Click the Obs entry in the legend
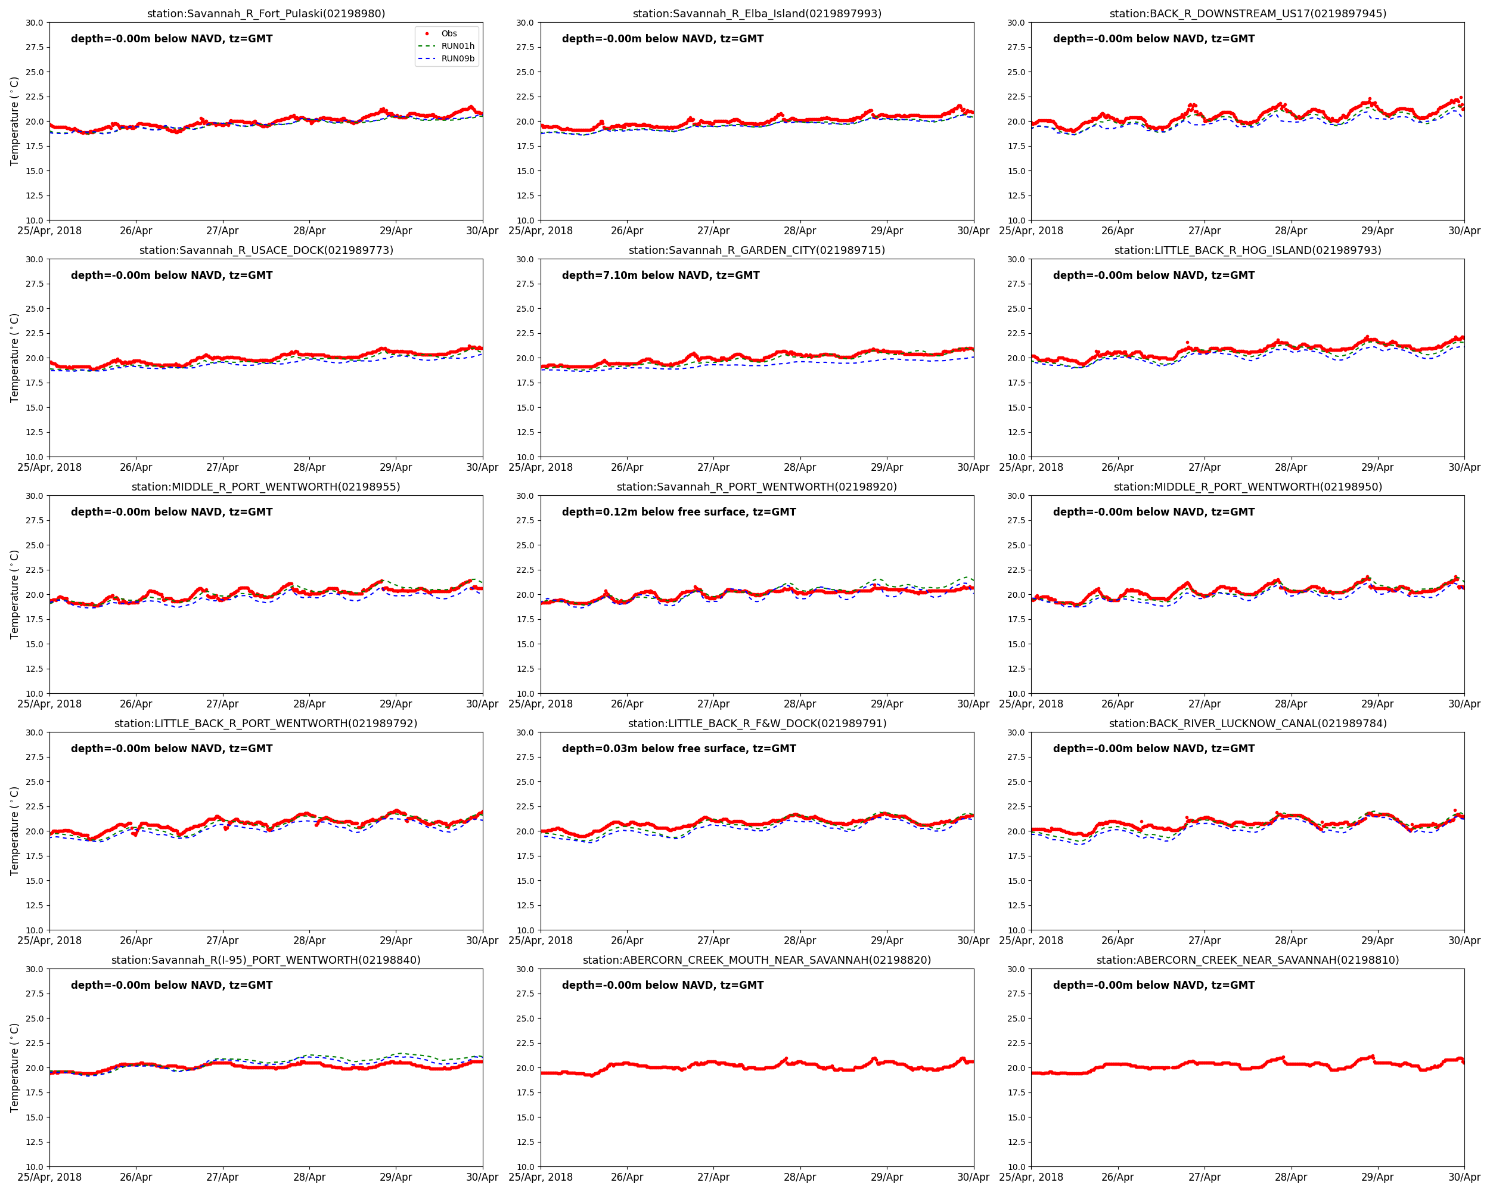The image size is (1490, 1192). (x=449, y=33)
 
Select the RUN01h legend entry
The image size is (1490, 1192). (x=458, y=46)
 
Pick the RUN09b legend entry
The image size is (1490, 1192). (x=458, y=59)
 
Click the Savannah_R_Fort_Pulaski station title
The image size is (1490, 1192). (x=266, y=14)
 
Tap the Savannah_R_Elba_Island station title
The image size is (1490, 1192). (x=757, y=14)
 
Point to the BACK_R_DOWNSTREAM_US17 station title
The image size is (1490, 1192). (x=1247, y=14)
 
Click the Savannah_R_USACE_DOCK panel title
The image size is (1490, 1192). (x=266, y=250)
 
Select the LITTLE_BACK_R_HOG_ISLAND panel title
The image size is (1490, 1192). (x=1247, y=250)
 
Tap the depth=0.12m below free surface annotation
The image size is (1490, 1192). (x=679, y=512)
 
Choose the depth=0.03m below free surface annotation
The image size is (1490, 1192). (x=679, y=749)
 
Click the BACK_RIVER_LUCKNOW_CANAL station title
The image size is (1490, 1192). (x=1247, y=724)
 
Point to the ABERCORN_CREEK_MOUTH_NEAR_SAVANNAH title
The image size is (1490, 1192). (x=757, y=960)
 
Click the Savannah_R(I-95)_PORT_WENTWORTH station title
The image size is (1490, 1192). (x=266, y=960)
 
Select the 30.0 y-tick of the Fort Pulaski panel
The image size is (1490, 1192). (x=35, y=23)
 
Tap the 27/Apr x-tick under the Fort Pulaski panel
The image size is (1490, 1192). (x=222, y=231)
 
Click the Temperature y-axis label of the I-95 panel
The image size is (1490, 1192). (x=14, y=1067)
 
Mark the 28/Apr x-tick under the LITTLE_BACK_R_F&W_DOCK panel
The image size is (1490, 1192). (x=800, y=940)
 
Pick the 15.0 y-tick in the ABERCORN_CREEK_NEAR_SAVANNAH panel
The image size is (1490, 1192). (x=1016, y=1117)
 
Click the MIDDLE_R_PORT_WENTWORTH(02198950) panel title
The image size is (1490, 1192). (x=1247, y=487)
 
